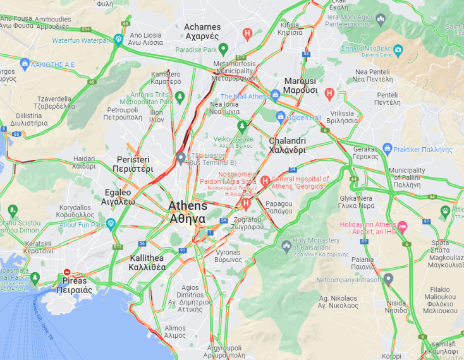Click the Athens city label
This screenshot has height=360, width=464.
pyautogui.click(x=187, y=212)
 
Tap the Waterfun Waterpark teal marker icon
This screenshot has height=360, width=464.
pyautogui.click(x=118, y=40)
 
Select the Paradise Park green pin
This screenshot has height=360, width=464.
pyautogui.click(x=224, y=49)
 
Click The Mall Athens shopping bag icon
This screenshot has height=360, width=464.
pyautogui.click(x=275, y=95)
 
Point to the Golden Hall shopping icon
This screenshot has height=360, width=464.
pyautogui.click(x=281, y=116)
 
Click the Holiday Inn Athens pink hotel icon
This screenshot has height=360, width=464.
pyautogui.click(x=402, y=225)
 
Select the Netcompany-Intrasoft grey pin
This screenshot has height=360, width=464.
pyautogui.click(x=389, y=278)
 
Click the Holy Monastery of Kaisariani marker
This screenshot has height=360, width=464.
pyautogui.click(x=286, y=244)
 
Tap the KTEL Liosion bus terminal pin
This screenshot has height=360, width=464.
pyautogui.click(x=181, y=157)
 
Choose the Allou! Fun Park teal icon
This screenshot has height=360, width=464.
pyautogui.click(x=111, y=224)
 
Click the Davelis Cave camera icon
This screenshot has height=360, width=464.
pyautogui.click(x=398, y=49)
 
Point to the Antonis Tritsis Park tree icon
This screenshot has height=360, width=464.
pyautogui.click(x=180, y=97)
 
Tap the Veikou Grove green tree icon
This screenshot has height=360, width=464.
pyautogui.click(x=241, y=126)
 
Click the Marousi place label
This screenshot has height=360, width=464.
pyautogui.click(x=300, y=85)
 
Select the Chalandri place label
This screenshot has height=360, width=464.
pyautogui.click(x=287, y=145)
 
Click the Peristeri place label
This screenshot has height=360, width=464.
pyautogui.click(x=133, y=164)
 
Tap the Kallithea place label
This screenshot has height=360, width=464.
pyautogui.click(x=147, y=262)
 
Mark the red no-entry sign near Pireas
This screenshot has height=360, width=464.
pyautogui.click(x=68, y=273)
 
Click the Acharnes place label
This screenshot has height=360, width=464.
pyautogui.click(x=202, y=32)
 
